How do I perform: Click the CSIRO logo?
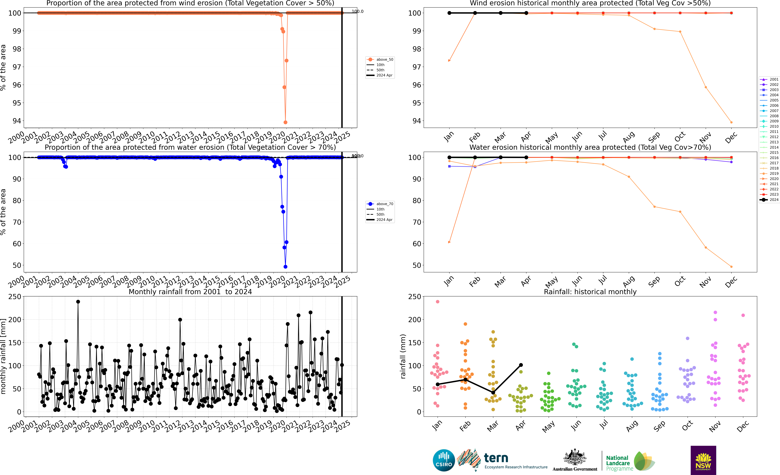[x=444, y=460]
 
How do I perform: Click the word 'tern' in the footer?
[x=496, y=458]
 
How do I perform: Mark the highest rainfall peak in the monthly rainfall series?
[x=78, y=302]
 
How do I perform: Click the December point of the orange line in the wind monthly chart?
[x=731, y=122]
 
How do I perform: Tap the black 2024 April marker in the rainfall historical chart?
[x=521, y=365]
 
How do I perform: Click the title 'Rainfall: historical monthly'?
[x=590, y=292]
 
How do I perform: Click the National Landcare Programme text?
[x=619, y=463]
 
